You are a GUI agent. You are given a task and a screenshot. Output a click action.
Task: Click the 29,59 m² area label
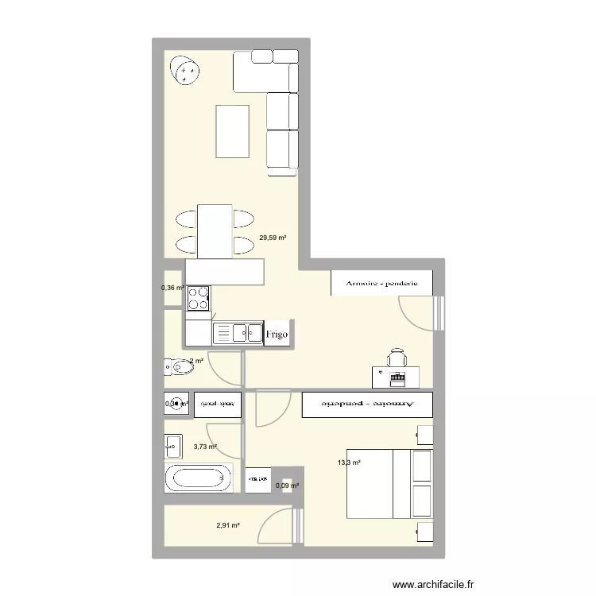coord(273,237)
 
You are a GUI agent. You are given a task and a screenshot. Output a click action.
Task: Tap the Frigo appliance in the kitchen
coord(277,335)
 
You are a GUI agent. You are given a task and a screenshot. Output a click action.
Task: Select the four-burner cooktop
coord(199,299)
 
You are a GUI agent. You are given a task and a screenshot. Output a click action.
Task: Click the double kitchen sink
coord(238,331)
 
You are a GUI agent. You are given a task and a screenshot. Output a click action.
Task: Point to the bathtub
coord(199,478)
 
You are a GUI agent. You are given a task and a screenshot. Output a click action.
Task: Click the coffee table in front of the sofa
coord(232,132)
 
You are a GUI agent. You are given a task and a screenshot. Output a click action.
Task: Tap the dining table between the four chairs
coord(215,230)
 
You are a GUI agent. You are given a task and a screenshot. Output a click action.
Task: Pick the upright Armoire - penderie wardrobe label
coord(381,283)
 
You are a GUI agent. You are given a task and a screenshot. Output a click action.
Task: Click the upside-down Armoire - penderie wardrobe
coord(366,404)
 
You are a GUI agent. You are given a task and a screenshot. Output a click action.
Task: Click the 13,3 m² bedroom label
coord(350,462)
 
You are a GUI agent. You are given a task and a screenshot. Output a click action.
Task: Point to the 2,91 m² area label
coord(228,525)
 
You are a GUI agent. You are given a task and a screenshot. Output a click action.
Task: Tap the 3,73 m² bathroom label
coord(205,447)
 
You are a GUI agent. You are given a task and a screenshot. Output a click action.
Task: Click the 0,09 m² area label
coord(287,486)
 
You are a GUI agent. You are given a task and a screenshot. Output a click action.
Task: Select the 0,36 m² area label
coord(172,288)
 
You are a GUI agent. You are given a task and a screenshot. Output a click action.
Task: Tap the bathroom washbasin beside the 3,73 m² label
coord(173,446)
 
